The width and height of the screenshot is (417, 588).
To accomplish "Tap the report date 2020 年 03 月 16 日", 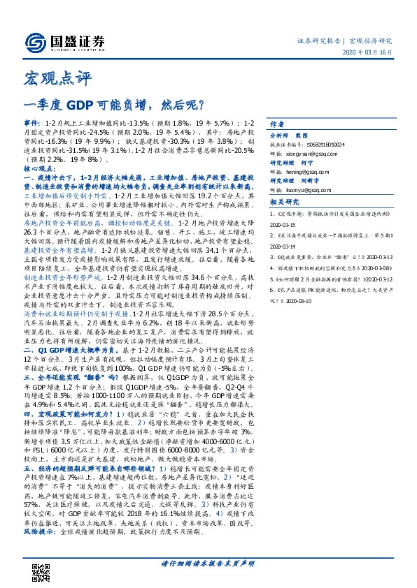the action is click(x=369, y=52).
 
